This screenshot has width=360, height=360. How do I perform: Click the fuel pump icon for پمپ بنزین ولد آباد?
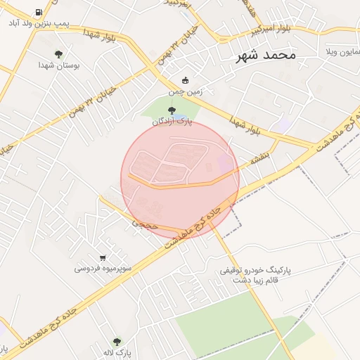tap(37, 13)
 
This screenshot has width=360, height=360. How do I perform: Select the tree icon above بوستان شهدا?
tap(58, 54)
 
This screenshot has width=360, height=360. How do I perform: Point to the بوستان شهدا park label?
tap(59, 65)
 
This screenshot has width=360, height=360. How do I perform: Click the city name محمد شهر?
tap(268, 54)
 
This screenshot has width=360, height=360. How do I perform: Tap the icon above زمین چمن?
tap(185, 79)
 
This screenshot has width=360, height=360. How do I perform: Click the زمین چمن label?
tap(185, 91)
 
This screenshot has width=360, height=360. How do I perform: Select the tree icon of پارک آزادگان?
tap(172, 110)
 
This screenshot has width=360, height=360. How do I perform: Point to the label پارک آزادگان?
tap(172, 122)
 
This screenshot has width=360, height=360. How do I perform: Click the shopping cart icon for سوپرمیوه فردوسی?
tap(103, 257)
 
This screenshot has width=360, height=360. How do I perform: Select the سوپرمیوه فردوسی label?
tap(102, 268)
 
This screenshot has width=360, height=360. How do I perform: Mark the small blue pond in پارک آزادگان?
tap(181, 117)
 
